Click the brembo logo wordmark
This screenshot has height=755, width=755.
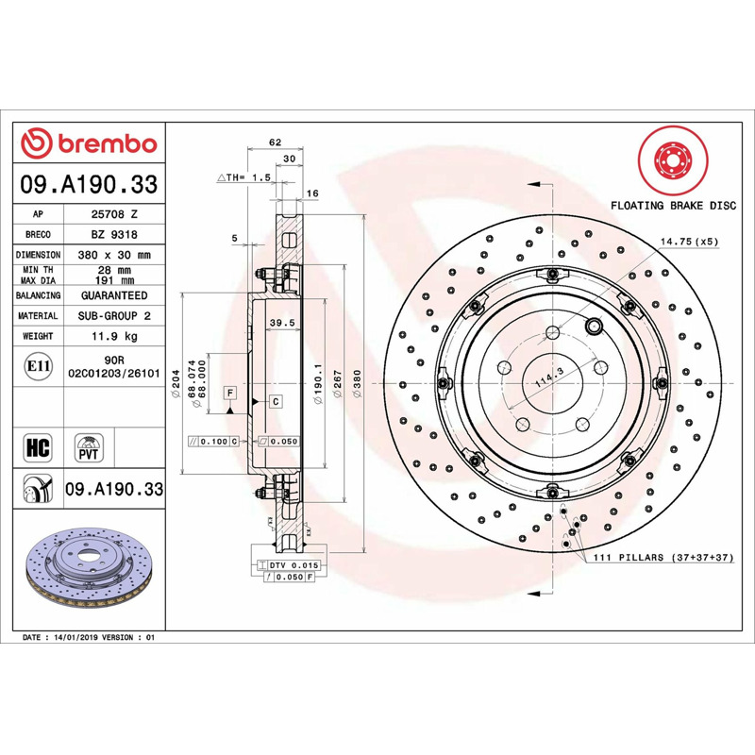click(108, 144)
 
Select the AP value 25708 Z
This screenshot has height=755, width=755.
click(114, 214)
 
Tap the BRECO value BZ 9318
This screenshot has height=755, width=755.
click(114, 234)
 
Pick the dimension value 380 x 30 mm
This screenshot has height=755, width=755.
click(114, 255)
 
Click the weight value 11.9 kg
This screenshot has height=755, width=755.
click(114, 336)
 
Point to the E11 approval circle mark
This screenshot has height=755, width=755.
click(38, 366)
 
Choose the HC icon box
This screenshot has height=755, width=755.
click(38, 447)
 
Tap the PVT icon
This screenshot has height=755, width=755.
click(89, 447)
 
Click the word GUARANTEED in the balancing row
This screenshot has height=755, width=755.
click(114, 295)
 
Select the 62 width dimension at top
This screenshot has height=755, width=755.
click(275, 143)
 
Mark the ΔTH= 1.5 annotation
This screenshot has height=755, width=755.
click(244, 177)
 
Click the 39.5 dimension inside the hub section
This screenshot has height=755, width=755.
click(282, 323)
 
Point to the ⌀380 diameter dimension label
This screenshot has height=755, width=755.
click(357, 383)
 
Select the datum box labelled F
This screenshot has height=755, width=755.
click(230, 393)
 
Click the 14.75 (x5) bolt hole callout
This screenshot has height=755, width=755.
click(689, 242)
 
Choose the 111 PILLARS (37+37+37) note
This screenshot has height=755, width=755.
click(663, 557)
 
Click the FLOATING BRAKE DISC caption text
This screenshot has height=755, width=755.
click(673, 206)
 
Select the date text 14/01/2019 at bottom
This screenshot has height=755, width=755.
click(75, 638)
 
